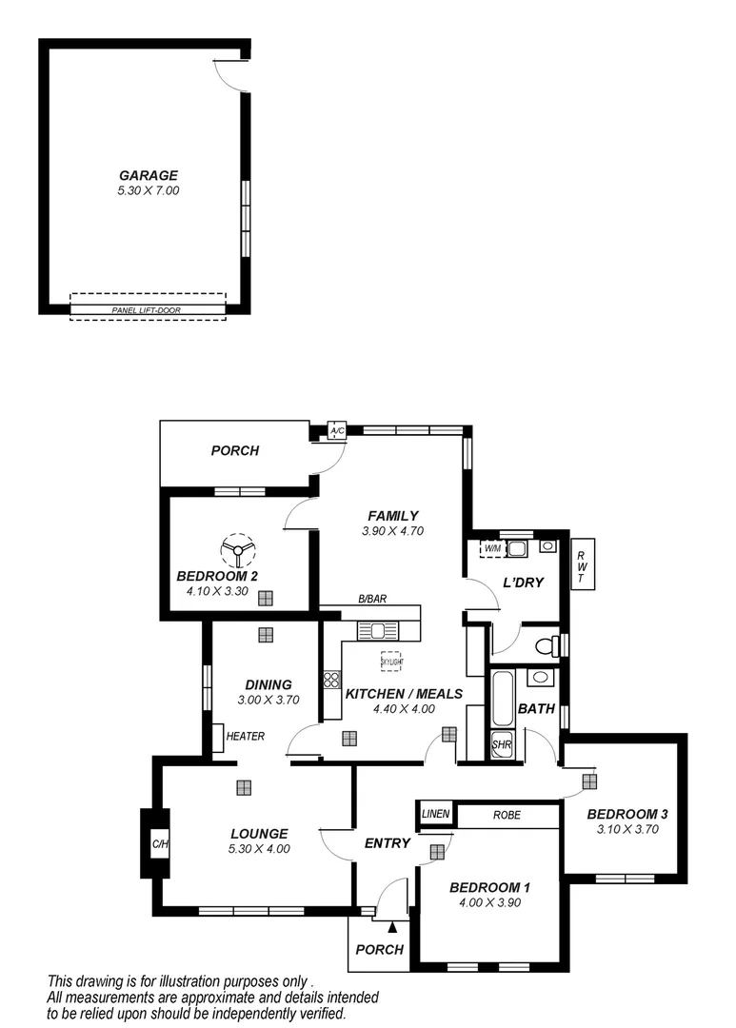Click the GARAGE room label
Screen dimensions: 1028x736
tap(148, 175)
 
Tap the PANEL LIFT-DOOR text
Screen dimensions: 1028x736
tap(146, 310)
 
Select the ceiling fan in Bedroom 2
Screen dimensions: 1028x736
tap(238, 549)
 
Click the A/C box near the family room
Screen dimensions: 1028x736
tap(336, 430)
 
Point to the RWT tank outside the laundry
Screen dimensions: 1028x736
tap(580, 569)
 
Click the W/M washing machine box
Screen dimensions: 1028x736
tap(492, 549)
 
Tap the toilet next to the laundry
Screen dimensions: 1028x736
tap(547, 646)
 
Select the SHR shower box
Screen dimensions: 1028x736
tap(502, 745)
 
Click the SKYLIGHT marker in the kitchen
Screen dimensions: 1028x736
tap(390, 661)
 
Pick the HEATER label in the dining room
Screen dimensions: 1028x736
tap(245, 736)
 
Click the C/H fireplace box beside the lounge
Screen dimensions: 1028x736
tap(159, 843)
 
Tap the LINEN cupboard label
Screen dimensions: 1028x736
tap(435, 815)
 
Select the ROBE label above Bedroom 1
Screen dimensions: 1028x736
tap(506, 815)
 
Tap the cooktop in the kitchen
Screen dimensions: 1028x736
tap(332, 680)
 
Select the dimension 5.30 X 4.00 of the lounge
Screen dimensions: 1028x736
tap(259, 849)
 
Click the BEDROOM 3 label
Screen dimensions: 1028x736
tap(627, 814)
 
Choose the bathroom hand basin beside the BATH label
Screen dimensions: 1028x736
tap(539, 678)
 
